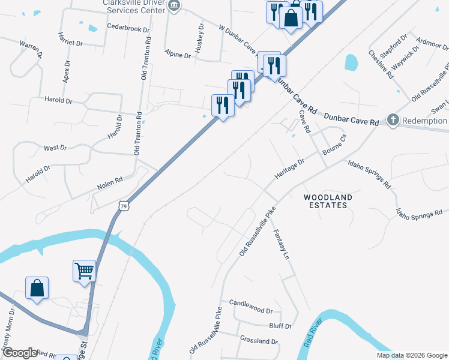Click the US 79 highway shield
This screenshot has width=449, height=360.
[123, 206]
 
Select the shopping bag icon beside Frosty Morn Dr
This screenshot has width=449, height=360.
[37, 288]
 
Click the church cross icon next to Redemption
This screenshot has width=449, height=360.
[393, 119]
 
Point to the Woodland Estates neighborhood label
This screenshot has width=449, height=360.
[328, 201]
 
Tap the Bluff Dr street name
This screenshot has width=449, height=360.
[280, 326]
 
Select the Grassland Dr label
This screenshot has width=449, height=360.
[259, 341]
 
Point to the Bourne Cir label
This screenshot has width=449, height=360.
[335, 145]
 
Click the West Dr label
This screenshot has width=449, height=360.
[55, 148]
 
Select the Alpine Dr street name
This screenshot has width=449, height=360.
[178, 55]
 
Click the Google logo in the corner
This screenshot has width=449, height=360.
[20, 353]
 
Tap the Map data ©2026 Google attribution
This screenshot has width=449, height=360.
[411, 355]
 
